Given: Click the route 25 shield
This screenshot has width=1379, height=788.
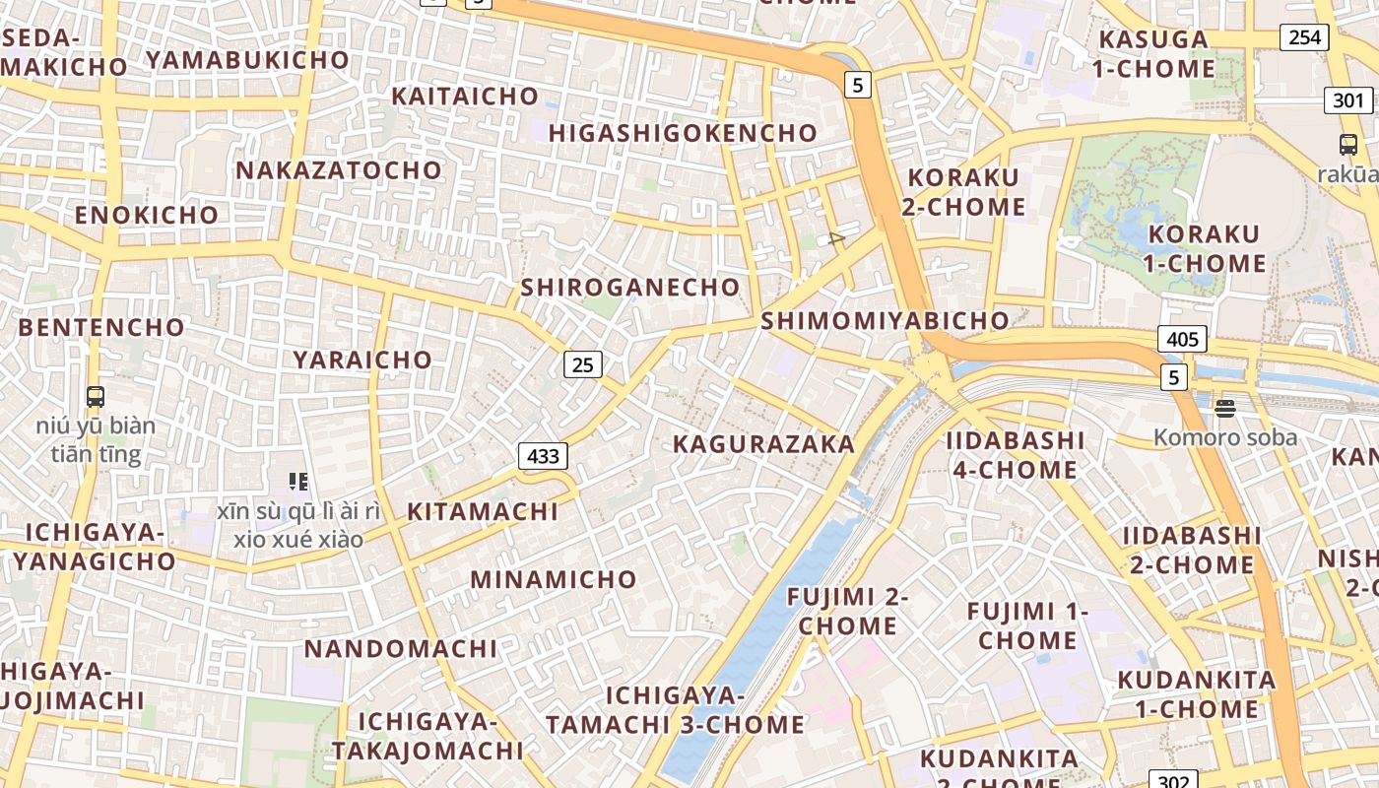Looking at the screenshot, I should pyautogui.click(x=583, y=364).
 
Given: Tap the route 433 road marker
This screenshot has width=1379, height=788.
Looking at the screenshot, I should pyautogui.click(x=543, y=455).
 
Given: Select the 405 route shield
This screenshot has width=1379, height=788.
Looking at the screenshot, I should pyautogui.click(x=1182, y=340).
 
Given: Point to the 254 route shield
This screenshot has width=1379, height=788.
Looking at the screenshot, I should pyautogui.click(x=1304, y=37).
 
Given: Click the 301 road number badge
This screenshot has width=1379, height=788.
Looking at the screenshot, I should pyautogui.click(x=1348, y=99).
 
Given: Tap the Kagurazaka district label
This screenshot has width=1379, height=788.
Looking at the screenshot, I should pyautogui.click(x=763, y=444).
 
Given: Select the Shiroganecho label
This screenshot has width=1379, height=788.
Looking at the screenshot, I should pyautogui.click(x=630, y=288).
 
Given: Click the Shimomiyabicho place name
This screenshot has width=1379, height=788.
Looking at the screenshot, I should pyautogui.click(x=885, y=320).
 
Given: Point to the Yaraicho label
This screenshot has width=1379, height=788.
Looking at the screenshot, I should pyautogui.click(x=362, y=360).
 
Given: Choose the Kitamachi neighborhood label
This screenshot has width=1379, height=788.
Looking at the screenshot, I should pyautogui.click(x=483, y=512).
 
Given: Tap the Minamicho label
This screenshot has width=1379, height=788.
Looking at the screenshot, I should pyautogui.click(x=554, y=579).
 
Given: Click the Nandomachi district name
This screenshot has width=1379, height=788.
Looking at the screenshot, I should pyautogui.click(x=401, y=649).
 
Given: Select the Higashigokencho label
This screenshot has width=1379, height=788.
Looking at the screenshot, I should pyautogui.click(x=683, y=133).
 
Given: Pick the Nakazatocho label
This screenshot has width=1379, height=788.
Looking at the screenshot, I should pyautogui.click(x=339, y=170).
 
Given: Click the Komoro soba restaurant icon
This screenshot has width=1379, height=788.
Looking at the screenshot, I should pyautogui.click(x=1225, y=408).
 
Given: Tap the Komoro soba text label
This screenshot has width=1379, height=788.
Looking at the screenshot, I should pyautogui.click(x=1225, y=437).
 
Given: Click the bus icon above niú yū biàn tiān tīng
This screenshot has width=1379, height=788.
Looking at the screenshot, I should pyautogui.click(x=96, y=397).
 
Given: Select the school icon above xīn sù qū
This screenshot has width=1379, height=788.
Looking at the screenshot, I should pyautogui.click(x=298, y=482).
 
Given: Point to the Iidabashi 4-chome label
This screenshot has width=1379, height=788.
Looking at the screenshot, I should pyautogui.click(x=1015, y=455).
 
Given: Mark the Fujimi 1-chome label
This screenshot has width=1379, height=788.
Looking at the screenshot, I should pyautogui.click(x=1027, y=625).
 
